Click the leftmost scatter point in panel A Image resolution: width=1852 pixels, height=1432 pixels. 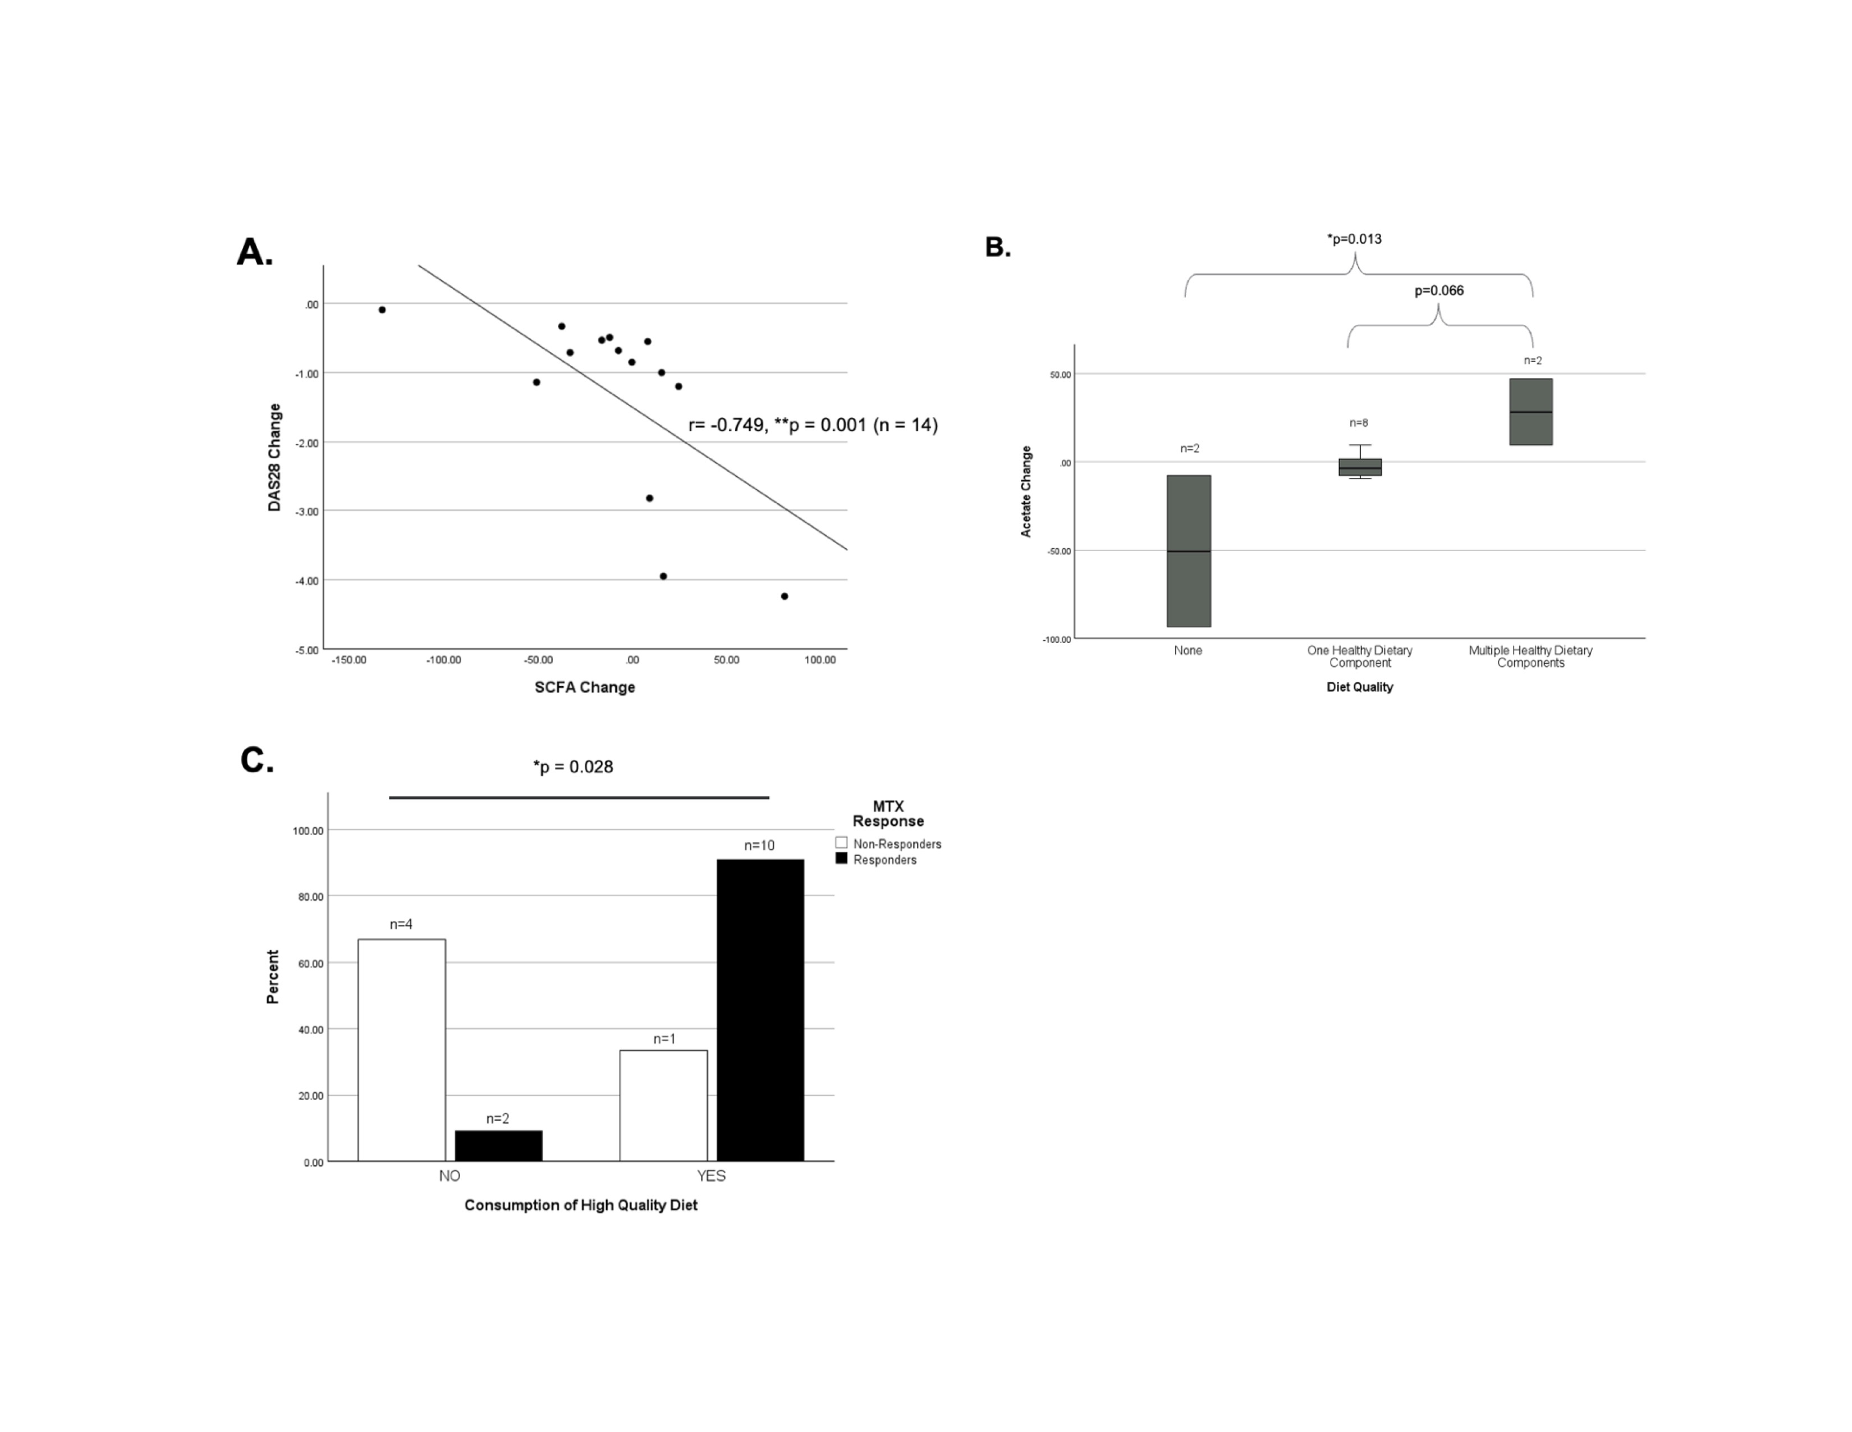(382, 309)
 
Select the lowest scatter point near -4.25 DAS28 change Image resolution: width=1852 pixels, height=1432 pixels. (785, 596)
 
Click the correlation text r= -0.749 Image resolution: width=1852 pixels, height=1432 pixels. (727, 425)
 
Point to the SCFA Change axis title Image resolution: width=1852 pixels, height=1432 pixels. (584, 687)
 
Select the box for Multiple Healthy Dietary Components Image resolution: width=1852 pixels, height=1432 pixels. (1530, 412)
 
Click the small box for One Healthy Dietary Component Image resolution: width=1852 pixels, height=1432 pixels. (1359, 467)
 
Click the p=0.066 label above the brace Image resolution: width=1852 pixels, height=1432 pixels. (1438, 291)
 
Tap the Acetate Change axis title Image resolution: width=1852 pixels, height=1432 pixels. (1026, 491)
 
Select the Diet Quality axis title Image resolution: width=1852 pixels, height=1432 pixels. (1359, 687)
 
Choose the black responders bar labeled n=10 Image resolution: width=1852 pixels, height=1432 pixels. (760, 1010)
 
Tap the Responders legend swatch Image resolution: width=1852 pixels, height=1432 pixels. (841, 859)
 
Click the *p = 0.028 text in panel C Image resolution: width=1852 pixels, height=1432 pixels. (572, 767)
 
